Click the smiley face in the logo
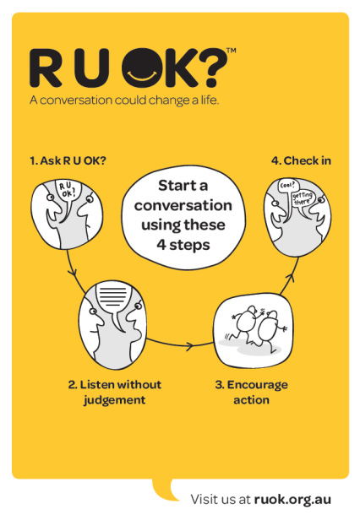click(143, 68)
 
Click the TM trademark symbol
click(231, 51)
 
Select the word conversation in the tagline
click(76, 100)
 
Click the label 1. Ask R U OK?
click(68, 161)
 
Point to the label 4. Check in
click(301, 161)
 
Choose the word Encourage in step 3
click(258, 385)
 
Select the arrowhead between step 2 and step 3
click(189, 345)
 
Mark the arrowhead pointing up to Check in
click(289, 277)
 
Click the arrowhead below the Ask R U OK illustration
click(73, 273)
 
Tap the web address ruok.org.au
click(292, 500)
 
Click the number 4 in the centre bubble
click(161, 245)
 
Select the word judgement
click(114, 400)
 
